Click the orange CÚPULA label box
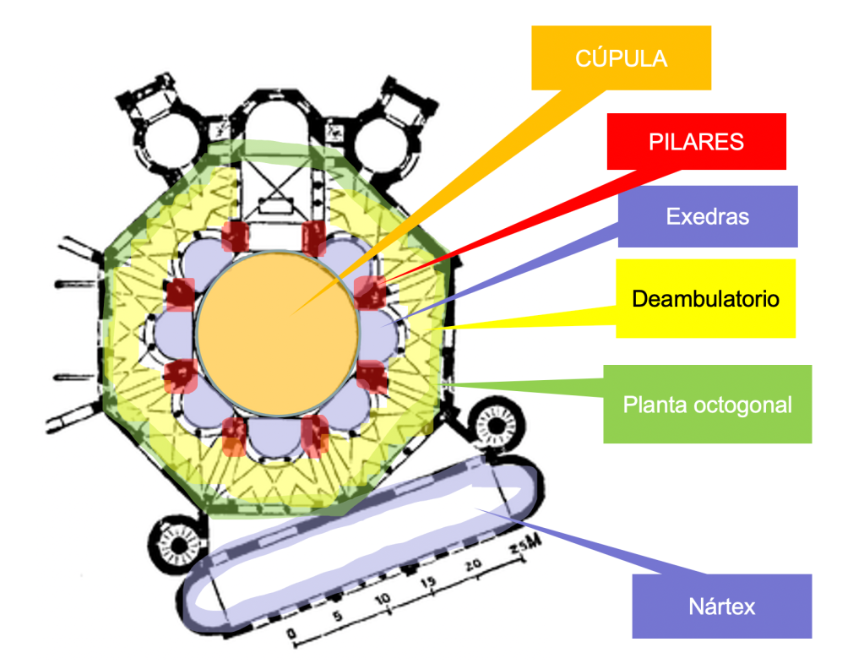tap(621, 57)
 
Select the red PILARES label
tap(696, 141)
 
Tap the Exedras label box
tap(707, 216)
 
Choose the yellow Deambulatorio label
tap(705, 298)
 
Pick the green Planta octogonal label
tap(707, 404)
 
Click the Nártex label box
tap(721, 606)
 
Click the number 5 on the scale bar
tap(338, 616)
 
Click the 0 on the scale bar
tap(291, 633)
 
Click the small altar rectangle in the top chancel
tap(275, 204)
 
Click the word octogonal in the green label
tap(743, 404)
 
